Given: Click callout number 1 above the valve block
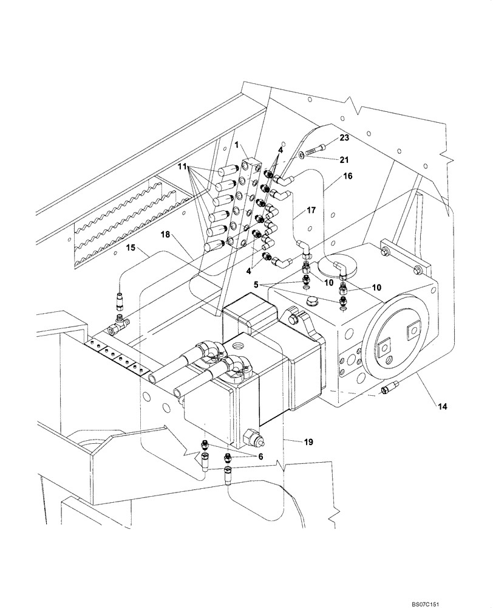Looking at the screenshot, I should (x=238, y=146).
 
